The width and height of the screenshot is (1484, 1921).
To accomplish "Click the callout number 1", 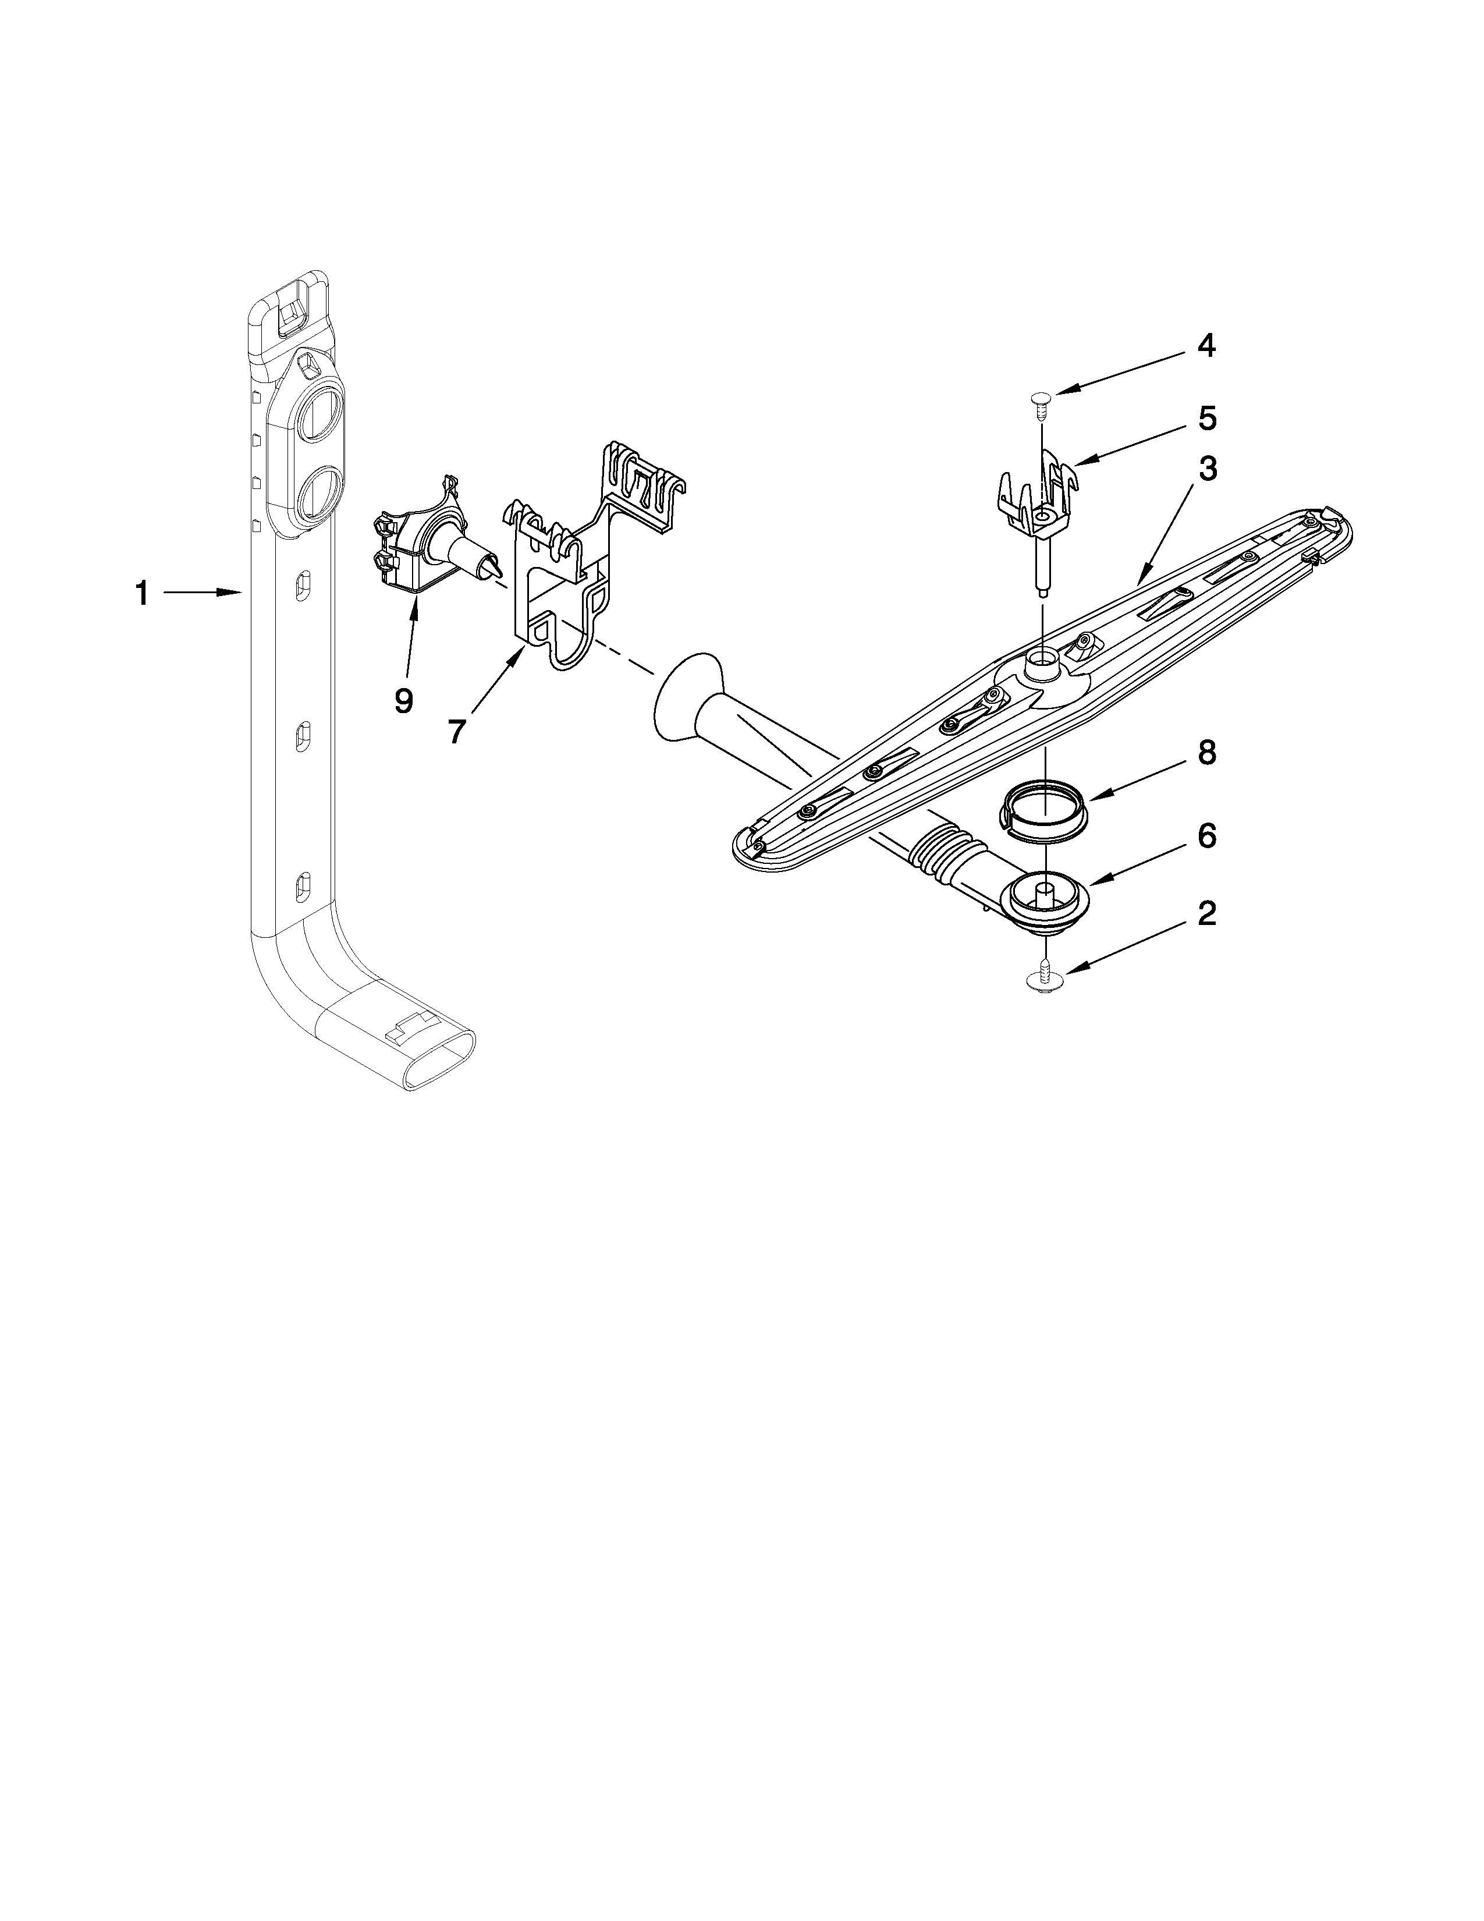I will pyautogui.click(x=141, y=594).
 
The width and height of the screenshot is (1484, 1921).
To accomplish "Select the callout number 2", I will pyautogui.click(x=1207, y=914).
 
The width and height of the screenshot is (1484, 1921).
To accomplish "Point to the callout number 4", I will pyautogui.click(x=1207, y=346).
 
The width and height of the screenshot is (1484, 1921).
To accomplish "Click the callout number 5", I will pyautogui.click(x=1207, y=419).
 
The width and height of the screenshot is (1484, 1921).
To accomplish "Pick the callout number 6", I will pyautogui.click(x=1207, y=835).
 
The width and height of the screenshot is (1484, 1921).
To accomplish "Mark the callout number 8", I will pyautogui.click(x=1207, y=753).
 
